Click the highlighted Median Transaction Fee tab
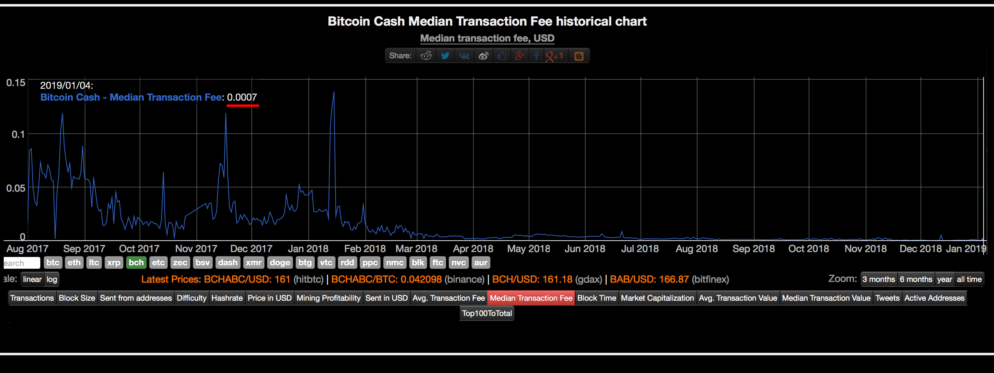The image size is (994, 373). [x=531, y=298]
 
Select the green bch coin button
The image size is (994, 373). [x=136, y=263]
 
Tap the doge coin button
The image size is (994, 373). [x=280, y=263]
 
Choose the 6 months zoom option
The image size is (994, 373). [x=915, y=279]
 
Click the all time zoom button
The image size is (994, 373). [x=969, y=279]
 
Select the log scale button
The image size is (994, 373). [x=52, y=279]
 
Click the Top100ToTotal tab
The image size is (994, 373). [x=486, y=313]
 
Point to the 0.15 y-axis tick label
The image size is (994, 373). [x=16, y=83]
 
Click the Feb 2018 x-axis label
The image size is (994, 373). [x=365, y=249]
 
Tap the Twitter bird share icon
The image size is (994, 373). [x=445, y=56]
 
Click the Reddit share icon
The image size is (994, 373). [x=426, y=56]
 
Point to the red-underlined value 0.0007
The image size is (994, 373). [x=242, y=97]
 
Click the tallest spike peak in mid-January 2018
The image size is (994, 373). [x=334, y=93]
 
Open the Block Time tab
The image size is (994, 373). [x=596, y=298]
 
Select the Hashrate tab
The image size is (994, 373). [x=227, y=298]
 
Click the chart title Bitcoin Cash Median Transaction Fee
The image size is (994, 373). [x=487, y=21]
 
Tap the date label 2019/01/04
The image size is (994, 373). [x=66, y=85]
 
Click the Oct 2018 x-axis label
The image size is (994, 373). [x=808, y=249]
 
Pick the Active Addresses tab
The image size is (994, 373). [x=934, y=298]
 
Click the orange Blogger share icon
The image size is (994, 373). [x=578, y=56]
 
